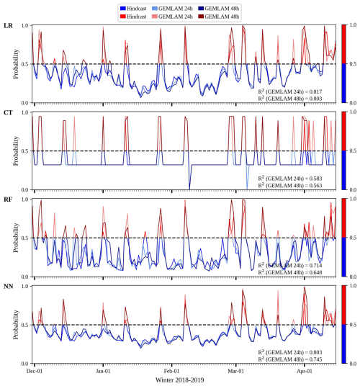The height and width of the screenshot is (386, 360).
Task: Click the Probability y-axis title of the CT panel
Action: click(16, 151)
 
